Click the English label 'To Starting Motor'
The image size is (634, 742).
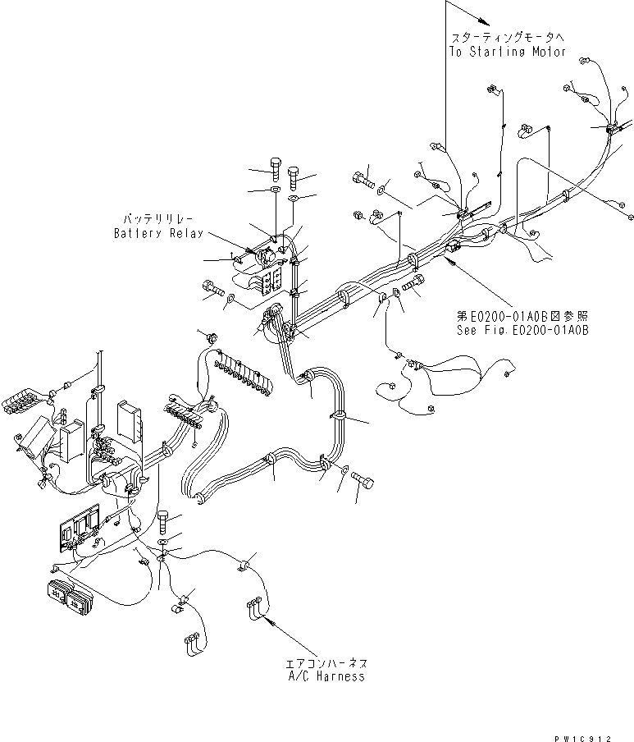coord(507,52)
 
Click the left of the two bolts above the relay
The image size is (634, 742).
coord(274,170)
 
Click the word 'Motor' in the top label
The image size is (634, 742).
coord(547,52)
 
